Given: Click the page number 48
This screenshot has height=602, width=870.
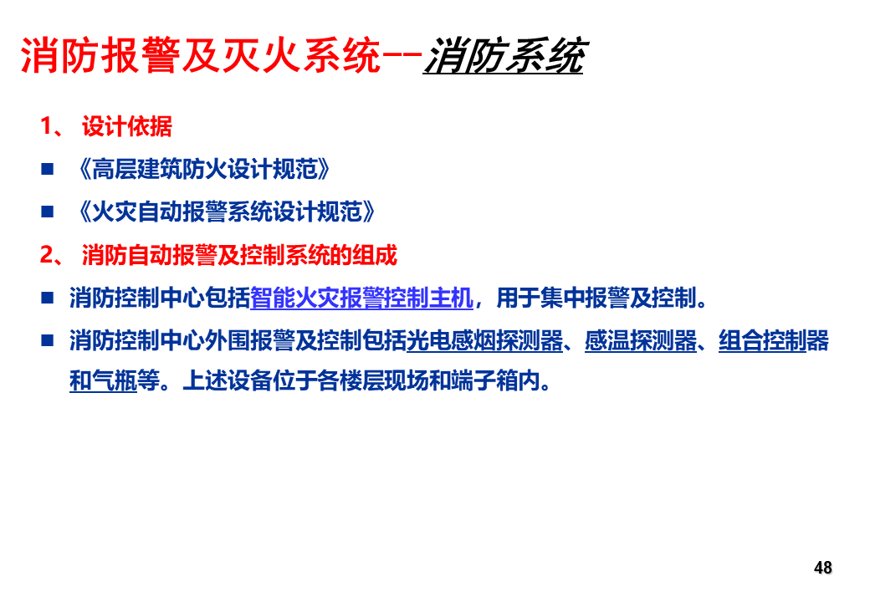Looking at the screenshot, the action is click(823, 568).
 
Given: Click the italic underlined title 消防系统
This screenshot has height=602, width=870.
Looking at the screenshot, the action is click(504, 55).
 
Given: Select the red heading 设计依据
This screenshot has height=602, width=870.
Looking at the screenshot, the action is click(127, 126).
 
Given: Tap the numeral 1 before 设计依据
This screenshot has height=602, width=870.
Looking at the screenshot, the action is click(45, 126).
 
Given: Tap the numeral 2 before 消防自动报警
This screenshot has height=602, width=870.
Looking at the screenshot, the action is click(47, 255).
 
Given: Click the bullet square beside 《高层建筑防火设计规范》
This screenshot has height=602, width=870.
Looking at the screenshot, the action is click(47, 169).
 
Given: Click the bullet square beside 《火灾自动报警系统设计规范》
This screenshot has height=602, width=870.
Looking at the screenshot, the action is click(47, 212).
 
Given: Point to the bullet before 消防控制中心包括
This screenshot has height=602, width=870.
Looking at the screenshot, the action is click(47, 298).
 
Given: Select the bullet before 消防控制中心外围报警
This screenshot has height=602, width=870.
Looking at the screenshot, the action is click(47, 340).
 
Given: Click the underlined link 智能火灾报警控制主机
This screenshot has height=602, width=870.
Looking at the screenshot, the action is click(361, 298).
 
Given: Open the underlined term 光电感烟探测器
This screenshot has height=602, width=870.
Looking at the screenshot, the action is click(485, 341).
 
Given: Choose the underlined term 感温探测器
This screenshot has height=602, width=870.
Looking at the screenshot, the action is click(641, 341).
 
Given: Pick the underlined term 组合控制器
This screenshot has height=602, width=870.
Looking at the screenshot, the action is click(774, 341).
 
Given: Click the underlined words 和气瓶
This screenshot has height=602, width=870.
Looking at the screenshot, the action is click(103, 380).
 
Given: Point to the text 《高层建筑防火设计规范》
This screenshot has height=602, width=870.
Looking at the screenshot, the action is click(204, 169).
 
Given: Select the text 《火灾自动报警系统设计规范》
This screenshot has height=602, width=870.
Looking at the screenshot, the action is click(227, 212).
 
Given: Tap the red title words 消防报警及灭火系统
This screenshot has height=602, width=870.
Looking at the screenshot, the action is click(201, 55).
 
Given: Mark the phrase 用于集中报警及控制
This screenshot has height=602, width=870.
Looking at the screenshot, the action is click(596, 298).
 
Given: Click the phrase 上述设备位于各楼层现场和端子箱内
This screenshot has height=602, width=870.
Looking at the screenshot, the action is click(361, 380).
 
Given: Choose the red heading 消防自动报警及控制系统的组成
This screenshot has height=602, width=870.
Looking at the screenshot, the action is click(240, 255).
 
